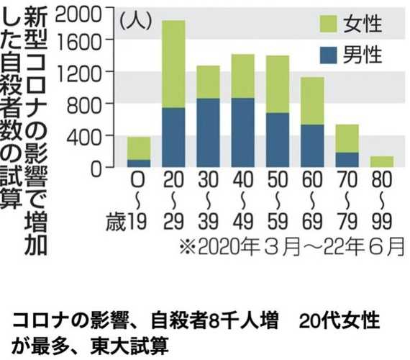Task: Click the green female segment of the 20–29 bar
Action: [173, 64]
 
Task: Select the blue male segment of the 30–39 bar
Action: [208, 132]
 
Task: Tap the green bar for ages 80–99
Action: [382, 161]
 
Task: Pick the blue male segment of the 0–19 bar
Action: [139, 163]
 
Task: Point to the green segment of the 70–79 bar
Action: [347, 138]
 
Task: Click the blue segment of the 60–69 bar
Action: [312, 146]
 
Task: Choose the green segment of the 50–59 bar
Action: [278, 84]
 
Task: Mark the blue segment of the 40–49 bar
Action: [243, 132]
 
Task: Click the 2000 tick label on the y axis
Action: [78, 14]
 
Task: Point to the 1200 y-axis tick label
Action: [78, 74]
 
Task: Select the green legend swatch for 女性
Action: [329, 24]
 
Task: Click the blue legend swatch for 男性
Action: [329, 55]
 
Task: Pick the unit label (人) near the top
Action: [136, 21]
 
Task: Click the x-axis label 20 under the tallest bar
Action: [173, 179]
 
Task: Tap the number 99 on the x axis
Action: [382, 221]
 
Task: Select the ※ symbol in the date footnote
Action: [188, 246]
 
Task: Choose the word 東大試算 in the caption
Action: [129, 346]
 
